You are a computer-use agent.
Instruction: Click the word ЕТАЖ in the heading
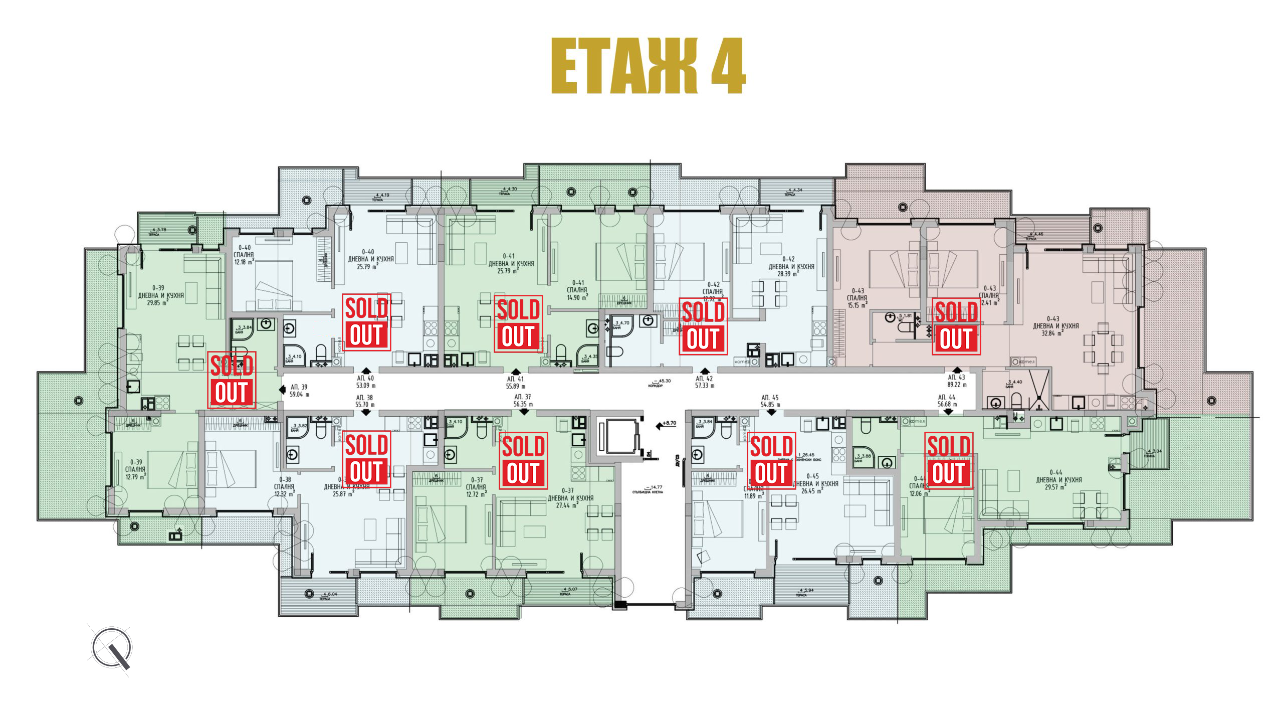tap(624, 66)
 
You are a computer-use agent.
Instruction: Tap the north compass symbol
tap(111, 648)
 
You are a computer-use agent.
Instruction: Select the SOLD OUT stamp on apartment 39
tap(232, 380)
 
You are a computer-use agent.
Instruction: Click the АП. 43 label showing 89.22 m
tap(956, 381)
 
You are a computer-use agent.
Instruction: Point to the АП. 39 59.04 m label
tap(299, 391)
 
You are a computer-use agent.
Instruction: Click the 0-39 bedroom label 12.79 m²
tap(135, 469)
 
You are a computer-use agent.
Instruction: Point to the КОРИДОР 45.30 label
tap(656, 383)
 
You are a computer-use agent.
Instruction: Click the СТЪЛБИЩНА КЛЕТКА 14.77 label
tap(648, 489)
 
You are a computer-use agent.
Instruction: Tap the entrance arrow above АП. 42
tap(705, 370)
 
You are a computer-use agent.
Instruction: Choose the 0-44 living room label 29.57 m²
tap(1058, 480)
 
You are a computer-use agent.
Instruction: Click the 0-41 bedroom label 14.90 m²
tap(577, 290)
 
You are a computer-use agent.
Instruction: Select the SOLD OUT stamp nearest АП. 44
tap(948, 460)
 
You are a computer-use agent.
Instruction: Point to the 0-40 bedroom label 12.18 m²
tap(244, 255)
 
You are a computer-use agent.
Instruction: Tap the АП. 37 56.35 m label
tap(522, 400)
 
